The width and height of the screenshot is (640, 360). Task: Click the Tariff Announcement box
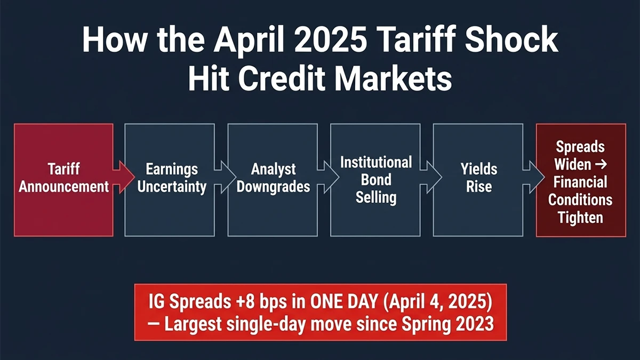pos(63,180)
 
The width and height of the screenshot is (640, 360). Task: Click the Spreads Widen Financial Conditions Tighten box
pos(580,180)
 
